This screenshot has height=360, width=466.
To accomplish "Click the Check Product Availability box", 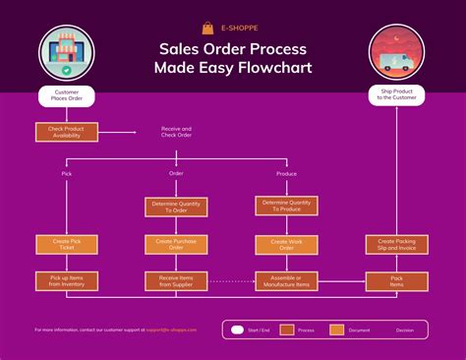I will click(x=66, y=131).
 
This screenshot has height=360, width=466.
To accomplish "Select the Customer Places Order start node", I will click(x=66, y=95).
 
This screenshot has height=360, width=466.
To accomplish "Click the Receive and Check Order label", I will click(x=176, y=131).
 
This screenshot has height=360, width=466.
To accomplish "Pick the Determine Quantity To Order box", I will click(x=176, y=207).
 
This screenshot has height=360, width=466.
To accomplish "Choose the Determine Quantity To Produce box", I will click(x=287, y=207).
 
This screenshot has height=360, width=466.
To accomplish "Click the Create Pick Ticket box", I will click(x=66, y=244).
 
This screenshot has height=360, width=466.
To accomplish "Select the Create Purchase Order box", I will click(x=176, y=244).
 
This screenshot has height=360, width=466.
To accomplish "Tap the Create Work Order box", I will click(x=287, y=244).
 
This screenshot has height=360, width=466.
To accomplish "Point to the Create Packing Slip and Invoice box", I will click(x=395, y=244).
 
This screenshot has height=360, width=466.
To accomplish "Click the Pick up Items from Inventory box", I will click(x=66, y=281).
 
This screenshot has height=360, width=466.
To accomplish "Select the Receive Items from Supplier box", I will click(x=176, y=281).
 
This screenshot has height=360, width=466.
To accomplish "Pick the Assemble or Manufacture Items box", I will click(x=287, y=281).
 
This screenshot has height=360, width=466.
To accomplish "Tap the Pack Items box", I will click(x=395, y=281).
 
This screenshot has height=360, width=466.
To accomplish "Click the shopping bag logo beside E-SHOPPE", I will click(x=207, y=28).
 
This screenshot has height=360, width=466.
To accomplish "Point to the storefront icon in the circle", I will click(x=66, y=54).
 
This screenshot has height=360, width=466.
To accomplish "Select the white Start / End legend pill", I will click(x=237, y=330).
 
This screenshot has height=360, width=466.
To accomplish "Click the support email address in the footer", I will click(x=172, y=330).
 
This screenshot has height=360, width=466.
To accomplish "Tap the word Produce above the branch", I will click(x=287, y=173).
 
